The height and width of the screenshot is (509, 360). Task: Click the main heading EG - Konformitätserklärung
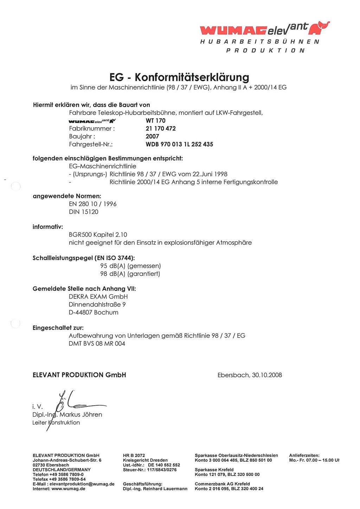179,77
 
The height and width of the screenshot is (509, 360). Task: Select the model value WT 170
155,121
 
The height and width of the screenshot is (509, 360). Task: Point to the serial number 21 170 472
161,129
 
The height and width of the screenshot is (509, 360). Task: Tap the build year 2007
152,136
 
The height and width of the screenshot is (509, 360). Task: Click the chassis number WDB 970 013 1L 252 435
179,144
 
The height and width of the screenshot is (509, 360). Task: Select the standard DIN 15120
84,212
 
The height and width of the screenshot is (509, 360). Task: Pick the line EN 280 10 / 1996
92,204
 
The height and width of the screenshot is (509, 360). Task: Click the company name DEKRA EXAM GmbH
98,297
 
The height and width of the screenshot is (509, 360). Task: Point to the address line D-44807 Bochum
94,313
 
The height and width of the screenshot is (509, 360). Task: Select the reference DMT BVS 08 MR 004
97,344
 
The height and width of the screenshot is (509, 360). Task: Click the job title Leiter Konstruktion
56,423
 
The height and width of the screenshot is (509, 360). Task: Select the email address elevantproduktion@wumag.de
82,484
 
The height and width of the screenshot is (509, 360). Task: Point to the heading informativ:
48,227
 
